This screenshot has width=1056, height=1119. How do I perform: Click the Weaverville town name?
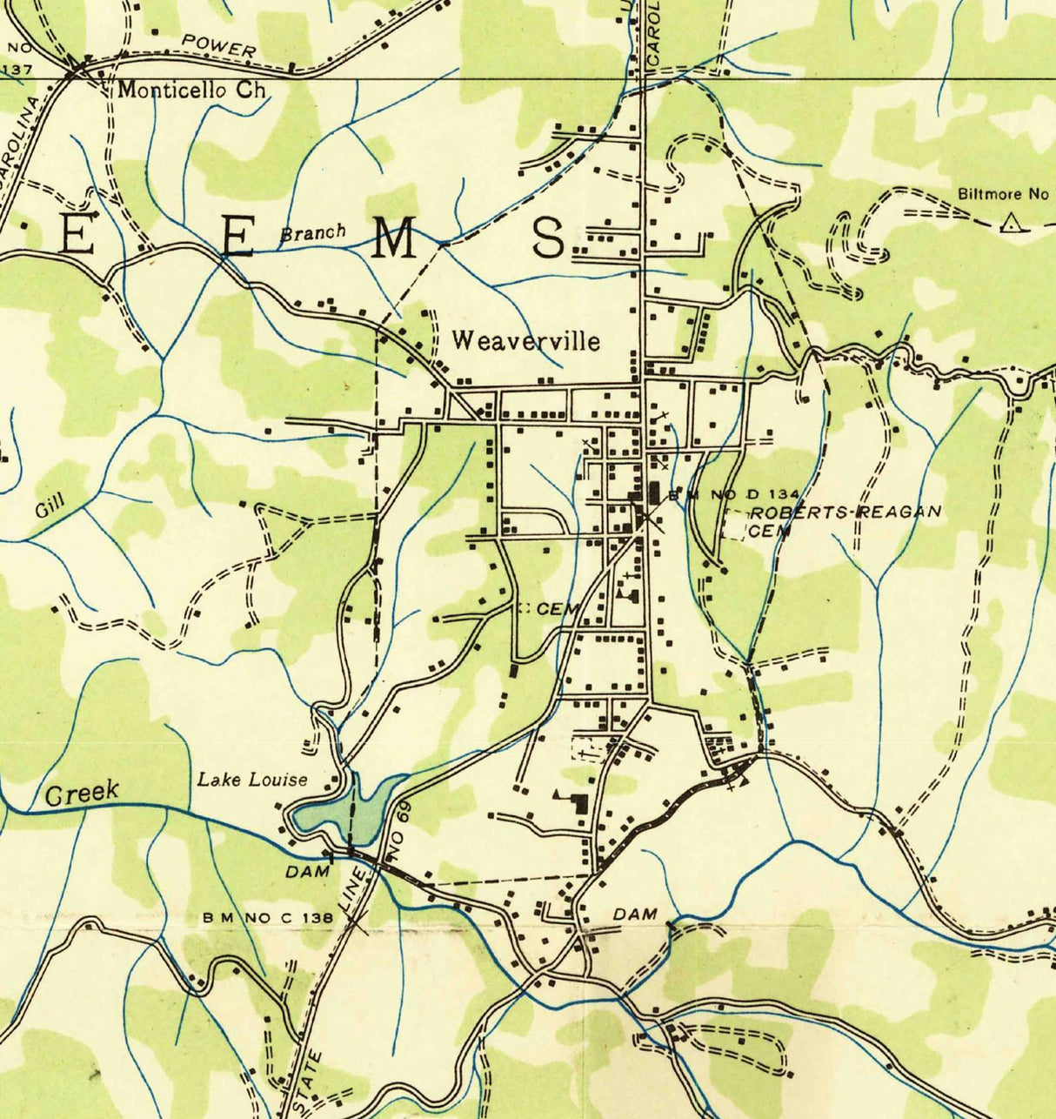click(x=525, y=340)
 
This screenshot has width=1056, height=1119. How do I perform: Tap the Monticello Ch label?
click(x=191, y=90)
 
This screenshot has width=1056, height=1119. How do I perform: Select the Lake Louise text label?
click(x=251, y=779)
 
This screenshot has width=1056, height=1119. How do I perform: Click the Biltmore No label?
click(x=1003, y=194)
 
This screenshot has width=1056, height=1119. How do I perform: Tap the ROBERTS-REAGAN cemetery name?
click(x=845, y=513)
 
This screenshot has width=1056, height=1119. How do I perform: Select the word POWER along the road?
click(x=219, y=46)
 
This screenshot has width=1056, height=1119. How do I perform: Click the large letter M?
click(x=395, y=238)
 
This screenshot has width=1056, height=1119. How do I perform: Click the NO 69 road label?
click(x=399, y=841)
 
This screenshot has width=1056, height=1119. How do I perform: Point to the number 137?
click(x=17, y=69)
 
